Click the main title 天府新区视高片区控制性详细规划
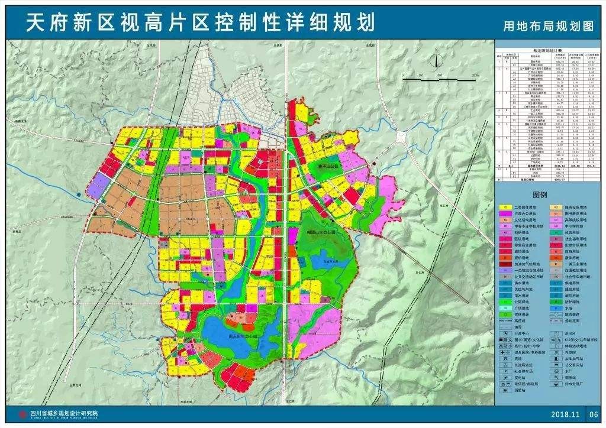click(x=201, y=22)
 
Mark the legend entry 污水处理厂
click(x=575, y=383)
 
